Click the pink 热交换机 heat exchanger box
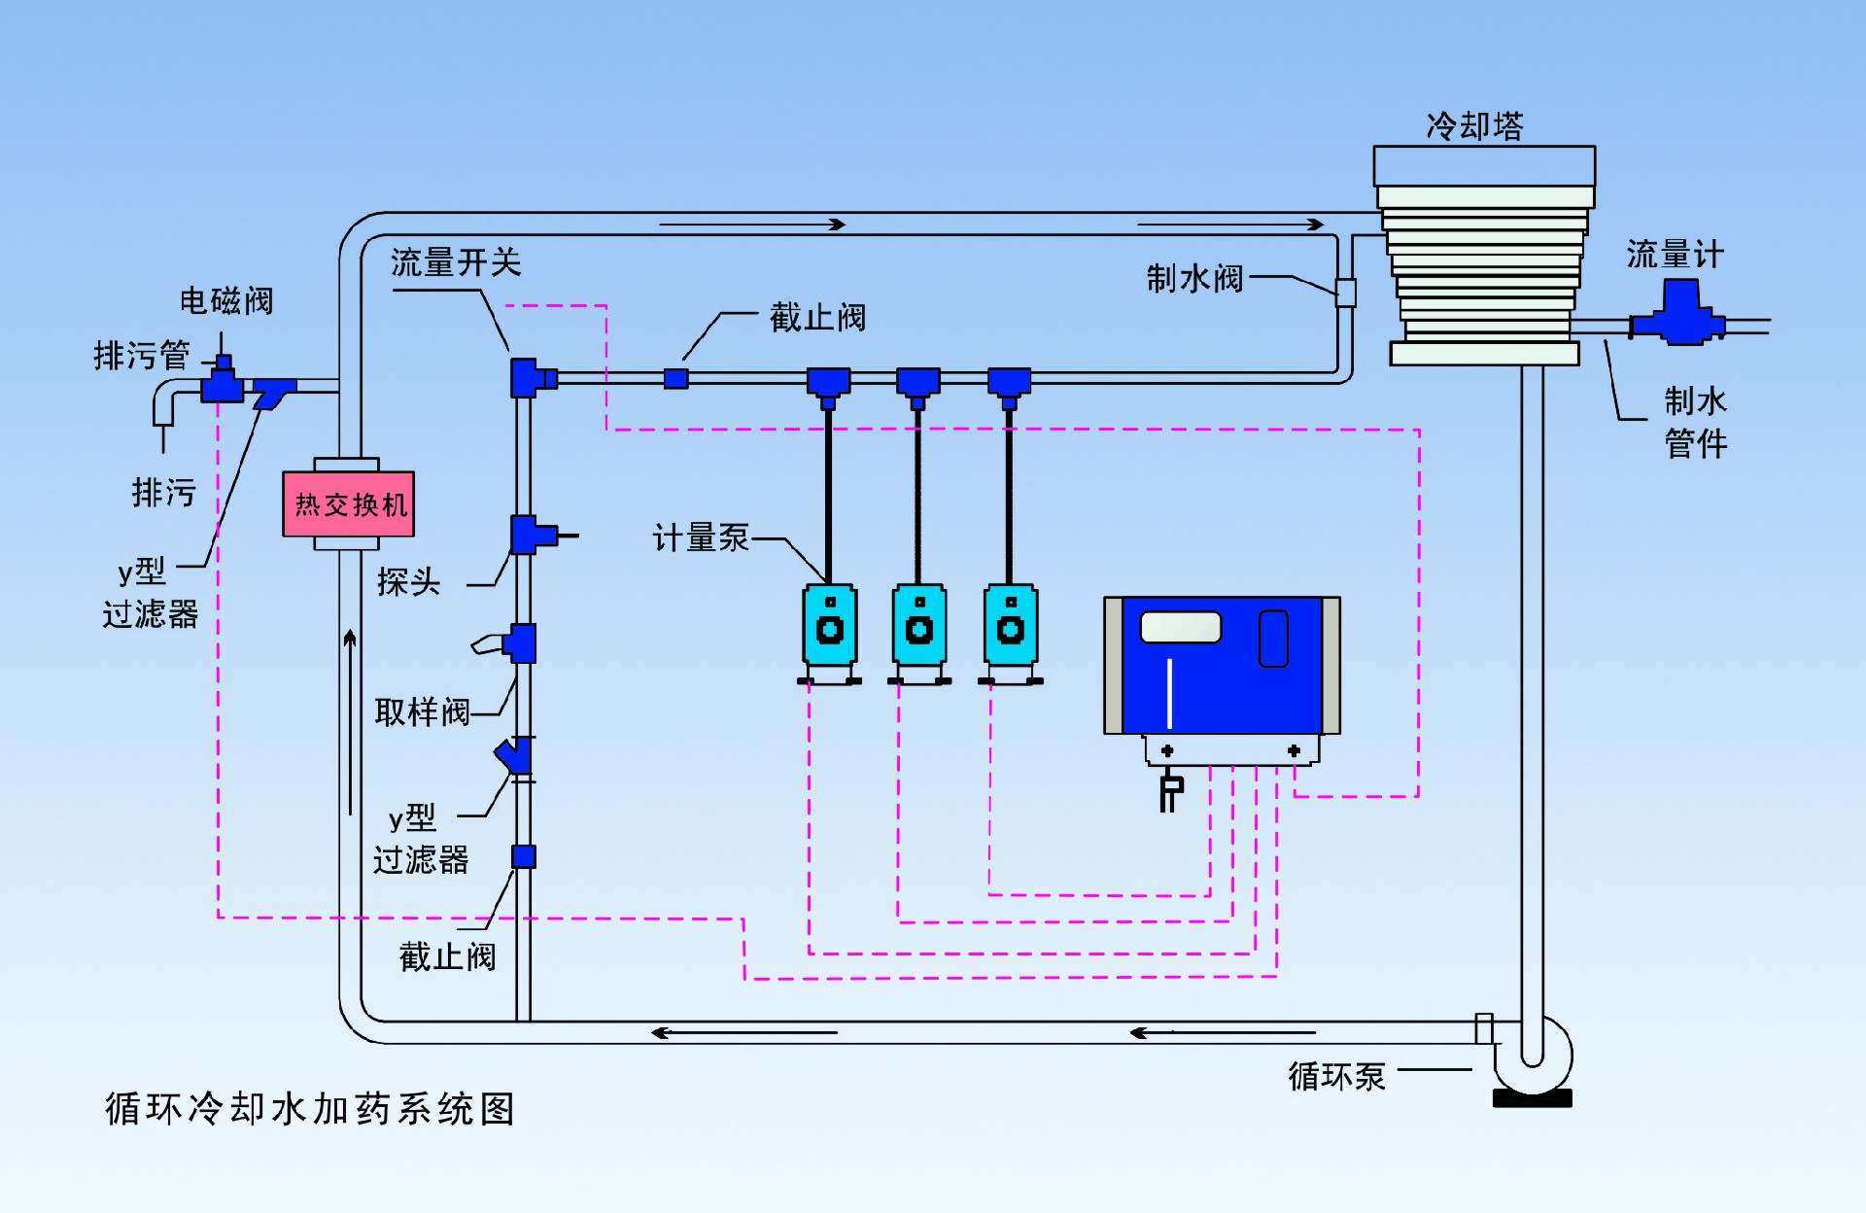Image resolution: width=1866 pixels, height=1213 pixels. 348,503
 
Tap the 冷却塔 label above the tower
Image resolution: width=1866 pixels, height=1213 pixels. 1474,126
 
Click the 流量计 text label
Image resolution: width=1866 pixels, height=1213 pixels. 1675,255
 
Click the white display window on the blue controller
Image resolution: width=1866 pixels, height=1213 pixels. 1180,627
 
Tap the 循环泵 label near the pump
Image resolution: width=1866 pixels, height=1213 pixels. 1336,1076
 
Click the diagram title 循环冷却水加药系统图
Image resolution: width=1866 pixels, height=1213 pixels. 310,1109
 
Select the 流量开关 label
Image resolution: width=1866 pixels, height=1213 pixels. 456,262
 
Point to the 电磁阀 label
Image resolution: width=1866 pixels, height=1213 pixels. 226,301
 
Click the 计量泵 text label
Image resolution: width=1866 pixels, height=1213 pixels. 701,537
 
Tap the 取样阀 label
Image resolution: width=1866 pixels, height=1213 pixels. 422,712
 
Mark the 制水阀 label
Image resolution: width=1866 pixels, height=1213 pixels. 1194,279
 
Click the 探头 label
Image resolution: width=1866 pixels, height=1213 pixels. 408,582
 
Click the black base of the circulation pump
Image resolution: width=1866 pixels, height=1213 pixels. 1532,1099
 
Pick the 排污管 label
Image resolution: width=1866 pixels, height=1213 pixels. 142,356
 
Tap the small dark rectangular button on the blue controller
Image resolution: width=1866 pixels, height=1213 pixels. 1273,639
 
